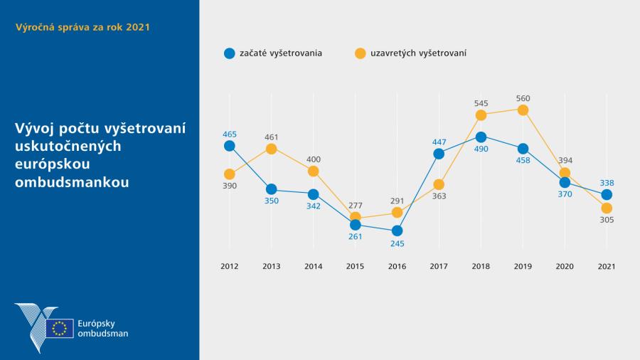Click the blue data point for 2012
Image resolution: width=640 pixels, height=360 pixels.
pyautogui.click(x=229, y=146)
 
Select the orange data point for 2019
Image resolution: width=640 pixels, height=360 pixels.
pyautogui.click(x=523, y=110)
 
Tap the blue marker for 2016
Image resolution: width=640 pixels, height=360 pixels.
pyautogui.click(x=397, y=231)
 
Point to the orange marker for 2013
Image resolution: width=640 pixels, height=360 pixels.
pyautogui.click(x=271, y=149)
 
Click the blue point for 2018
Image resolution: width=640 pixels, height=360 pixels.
pyautogui.click(x=481, y=137)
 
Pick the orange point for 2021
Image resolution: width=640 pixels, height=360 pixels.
pyautogui.click(x=607, y=208)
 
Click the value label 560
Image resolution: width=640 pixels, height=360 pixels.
pyautogui.click(x=523, y=98)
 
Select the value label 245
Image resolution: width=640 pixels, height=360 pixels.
pyautogui.click(x=397, y=243)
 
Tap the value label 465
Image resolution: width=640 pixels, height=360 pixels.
pyautogui.click(x=229, y=134)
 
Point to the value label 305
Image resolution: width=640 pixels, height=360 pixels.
pyautogui.click(x=607, y=221)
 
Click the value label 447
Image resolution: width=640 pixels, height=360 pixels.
pyautogui.click(x=439, y=142)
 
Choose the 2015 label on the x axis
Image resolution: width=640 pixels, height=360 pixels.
pyautogui.click(x=355, y=267)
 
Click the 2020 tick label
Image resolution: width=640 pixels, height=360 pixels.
pyautogui.click(x=565, y=267)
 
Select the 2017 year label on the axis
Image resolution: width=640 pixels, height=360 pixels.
pyautogui.click(x=439, y=267)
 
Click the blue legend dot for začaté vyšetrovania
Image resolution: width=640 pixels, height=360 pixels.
pyautogui.click(x=229, y=53)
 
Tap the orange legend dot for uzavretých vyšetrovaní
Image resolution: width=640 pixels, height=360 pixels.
pyautogui.click(x=360, y=53)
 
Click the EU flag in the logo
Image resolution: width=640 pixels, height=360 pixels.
pyautogui.click(x=60, y=328)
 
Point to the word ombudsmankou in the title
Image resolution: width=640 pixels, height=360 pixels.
pyautogui.click(x=72, y=182)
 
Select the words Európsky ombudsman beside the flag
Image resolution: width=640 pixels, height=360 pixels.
pyautogui.click(x=102, y=328)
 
